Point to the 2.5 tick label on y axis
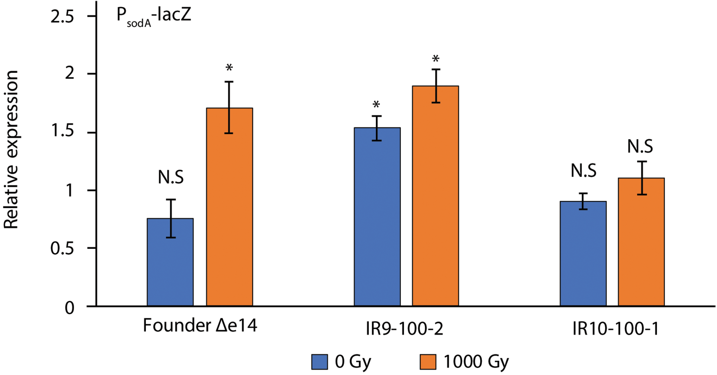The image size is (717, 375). click(x=62, y=16)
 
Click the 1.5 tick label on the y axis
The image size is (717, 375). click(x=62, y=131)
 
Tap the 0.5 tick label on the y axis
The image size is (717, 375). click(x=62, y=249)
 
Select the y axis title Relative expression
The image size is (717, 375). click(x=11, y=149)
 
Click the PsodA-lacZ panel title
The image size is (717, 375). click(x=154, y=16)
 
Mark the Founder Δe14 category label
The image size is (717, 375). click(x=200, y=326)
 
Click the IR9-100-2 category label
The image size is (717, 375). click(x=404, y=329)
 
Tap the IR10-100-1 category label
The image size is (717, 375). click(x=615, y=329)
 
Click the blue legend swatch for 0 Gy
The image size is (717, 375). click(x=319, y=362)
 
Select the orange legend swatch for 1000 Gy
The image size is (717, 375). click(x=428, y=362)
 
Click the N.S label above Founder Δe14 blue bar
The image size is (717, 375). click(x=171, y=177)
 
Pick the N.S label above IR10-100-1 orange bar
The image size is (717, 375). click(x=640, y=146)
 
